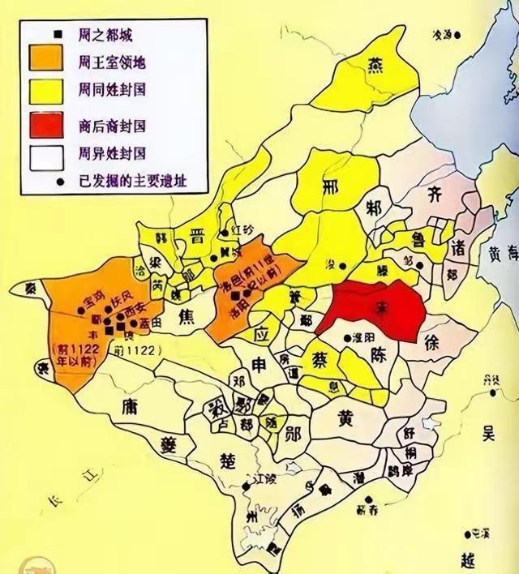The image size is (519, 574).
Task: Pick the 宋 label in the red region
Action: coord(375,309)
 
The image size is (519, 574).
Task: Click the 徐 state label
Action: coord(436,343)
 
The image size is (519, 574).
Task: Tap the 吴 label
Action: coord(488,434)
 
